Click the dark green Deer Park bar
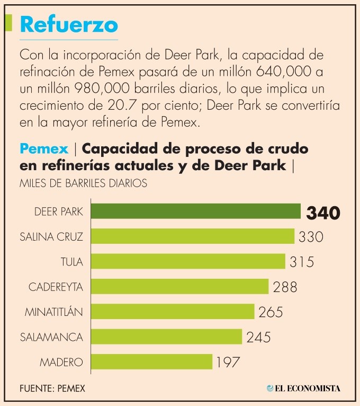pos(196,211)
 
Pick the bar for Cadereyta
pos(180,287)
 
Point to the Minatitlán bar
pos(173,312)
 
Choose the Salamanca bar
pos(167,337)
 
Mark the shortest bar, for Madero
pos(152,362)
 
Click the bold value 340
pos(322,213)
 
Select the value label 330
pos(311,236)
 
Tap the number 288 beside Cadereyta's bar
pos(285,287)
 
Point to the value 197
pos(228,363)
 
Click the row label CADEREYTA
pos(56,287)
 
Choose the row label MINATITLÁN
pos(54,312)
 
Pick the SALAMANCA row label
pos(51,337)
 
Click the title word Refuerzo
pos(69,24)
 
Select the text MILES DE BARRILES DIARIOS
pos(83,183)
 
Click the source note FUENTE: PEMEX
pos(52,389)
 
